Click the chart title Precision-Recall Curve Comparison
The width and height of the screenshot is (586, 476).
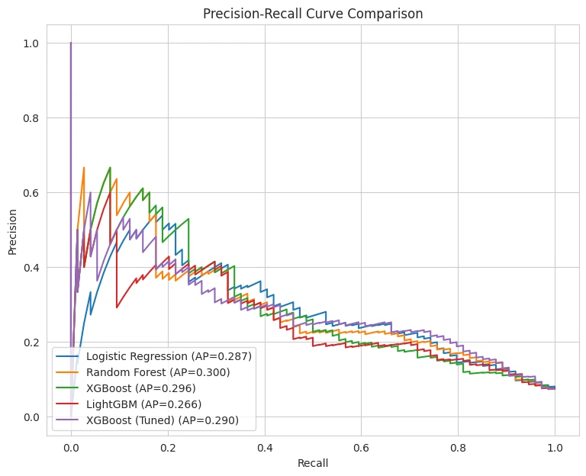click(x=313, y=14)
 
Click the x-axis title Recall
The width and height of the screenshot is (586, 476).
click(x=313, y=463)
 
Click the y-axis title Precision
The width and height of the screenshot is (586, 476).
click(x=13, y=232)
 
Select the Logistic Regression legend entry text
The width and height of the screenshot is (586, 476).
click(x=169, y=356)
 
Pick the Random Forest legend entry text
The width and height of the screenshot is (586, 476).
click(x=158, y=372)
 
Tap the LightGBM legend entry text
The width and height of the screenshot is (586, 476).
click(x=144, y=404)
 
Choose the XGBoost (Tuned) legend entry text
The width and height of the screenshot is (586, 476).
click(x=163, y=421)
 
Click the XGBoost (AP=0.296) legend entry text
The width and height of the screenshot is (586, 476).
click(x=141, y=388)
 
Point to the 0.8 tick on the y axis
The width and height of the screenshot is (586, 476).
click(x=31, y=118)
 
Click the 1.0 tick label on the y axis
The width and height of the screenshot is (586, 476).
click(x=31, y=43)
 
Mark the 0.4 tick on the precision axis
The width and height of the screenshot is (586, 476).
click(x=31, y=268)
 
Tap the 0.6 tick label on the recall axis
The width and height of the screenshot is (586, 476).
click(x=362, y=448)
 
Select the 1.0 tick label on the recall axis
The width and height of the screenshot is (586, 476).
click(x=555, y=448)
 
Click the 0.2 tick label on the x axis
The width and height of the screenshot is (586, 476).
click(x=168, y=448)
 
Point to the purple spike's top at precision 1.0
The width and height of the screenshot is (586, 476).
click(x=71, y=43)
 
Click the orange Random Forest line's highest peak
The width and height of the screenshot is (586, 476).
click(x=84, y=167)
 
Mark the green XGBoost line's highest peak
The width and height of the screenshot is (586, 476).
click(x=110, y=167)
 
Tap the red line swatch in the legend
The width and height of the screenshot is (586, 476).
click(x=67, y=404)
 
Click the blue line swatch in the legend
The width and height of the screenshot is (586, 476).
click(x=67, y=356)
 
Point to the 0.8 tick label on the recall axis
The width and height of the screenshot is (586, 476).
click(x=458, y=448)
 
